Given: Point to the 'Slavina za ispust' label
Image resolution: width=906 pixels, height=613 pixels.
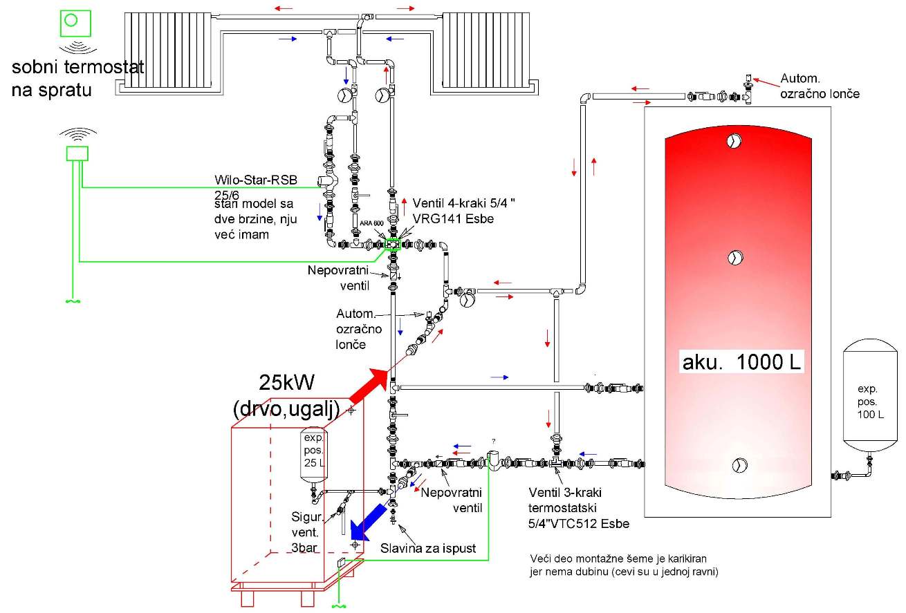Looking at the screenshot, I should (x=428, y=549).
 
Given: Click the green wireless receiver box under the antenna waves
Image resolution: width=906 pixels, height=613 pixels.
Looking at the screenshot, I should (x=76, y=153).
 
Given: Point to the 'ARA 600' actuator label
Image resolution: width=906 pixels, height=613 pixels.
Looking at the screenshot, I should (x=371, y=223).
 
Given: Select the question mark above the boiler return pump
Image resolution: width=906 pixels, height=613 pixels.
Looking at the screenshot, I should (x=493, y=440).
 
